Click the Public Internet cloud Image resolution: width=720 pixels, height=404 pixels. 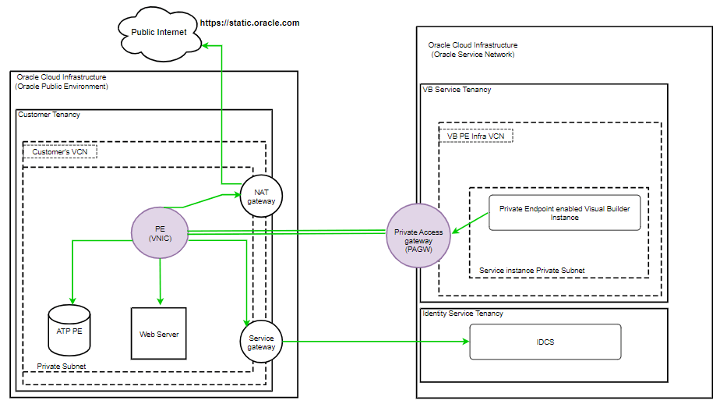(x=158, y=33)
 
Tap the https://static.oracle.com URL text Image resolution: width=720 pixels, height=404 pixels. (x=249, y=23)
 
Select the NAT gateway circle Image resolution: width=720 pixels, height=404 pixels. (x=262, y=196)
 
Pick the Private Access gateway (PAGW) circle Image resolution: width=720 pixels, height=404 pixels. (x=418, y=236)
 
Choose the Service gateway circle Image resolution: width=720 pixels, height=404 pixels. (x=261, y=342)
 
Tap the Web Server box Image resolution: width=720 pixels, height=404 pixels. (x=159, y=334)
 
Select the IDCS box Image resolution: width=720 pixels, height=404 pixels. (x=545, y=342)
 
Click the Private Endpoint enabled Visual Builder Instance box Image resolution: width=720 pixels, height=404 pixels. (x=565, y=213)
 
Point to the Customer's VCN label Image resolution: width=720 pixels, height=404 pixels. (x=60, y=151)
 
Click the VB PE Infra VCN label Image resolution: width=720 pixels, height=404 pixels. (x=475, y=136)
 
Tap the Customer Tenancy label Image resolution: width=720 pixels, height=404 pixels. (x=49, y=115)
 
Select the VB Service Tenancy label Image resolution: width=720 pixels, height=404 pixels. (x=457, y=90)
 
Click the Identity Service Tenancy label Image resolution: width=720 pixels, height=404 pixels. (x=463, y=314)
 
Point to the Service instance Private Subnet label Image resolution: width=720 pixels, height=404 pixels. (x=532, y=270)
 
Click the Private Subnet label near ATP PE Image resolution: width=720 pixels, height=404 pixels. (x=62, y=365)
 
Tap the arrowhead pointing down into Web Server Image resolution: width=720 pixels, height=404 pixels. (x=160, y=301)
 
